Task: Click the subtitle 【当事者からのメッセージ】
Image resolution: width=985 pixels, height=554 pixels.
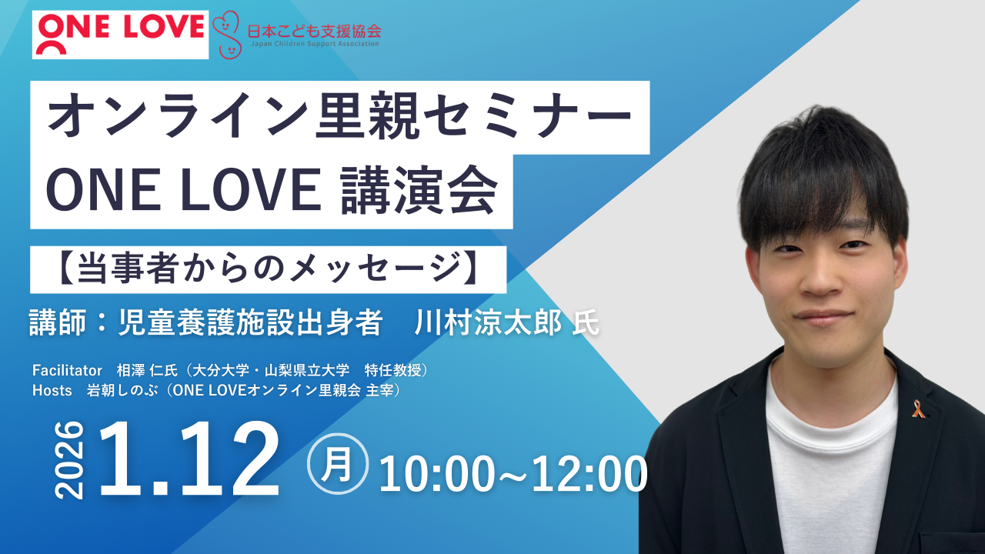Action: click(x=268, y=269)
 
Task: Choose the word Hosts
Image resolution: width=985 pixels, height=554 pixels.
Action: click(x=51, y=391)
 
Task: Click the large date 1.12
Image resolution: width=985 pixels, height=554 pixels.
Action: click(x=189, y=459)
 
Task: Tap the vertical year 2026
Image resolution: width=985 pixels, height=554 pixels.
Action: click(x=70, y=460)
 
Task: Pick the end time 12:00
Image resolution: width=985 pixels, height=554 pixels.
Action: click(x=592, y=474)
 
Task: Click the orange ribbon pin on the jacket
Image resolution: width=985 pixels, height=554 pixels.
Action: click(x=917, y=409)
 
